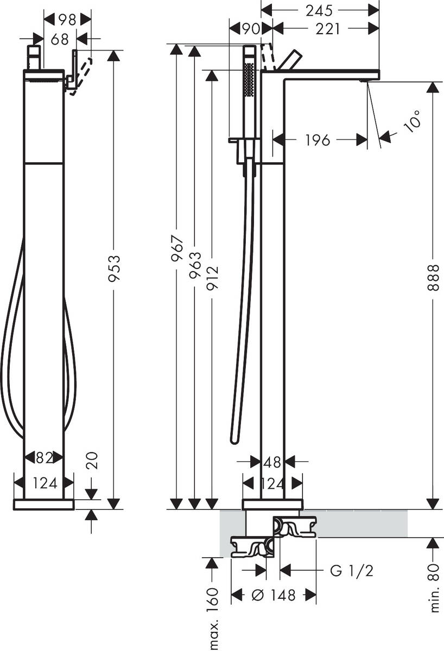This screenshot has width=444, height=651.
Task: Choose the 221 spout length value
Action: point(327,28)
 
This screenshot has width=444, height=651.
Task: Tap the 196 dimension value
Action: point(318,140)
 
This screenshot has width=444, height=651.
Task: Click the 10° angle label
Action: point(412,120)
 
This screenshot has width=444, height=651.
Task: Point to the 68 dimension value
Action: point(60,39)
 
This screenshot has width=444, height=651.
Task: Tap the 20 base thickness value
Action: point(92,462)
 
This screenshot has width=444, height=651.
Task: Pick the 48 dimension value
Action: point(272,462)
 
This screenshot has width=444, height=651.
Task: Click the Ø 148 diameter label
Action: point(274,595)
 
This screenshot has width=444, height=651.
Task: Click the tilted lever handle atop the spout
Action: point(289,60)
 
